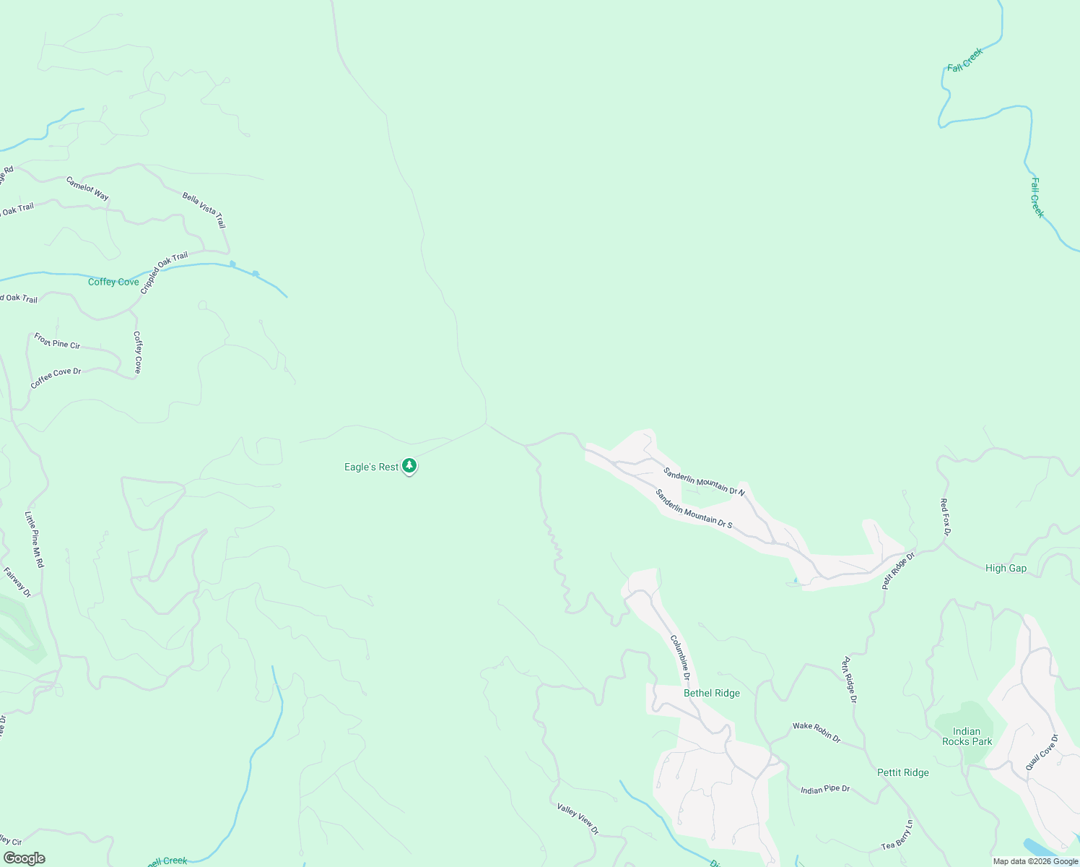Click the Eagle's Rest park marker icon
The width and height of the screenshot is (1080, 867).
point(409,466)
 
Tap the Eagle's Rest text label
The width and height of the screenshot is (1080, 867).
point(371,467)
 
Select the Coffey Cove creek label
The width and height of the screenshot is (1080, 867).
point(113,282)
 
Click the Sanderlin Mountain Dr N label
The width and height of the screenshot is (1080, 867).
point(704,481)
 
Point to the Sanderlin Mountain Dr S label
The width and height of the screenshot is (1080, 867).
point(694,509)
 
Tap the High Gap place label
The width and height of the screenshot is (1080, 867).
point(1006,569)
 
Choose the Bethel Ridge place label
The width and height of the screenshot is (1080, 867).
point(712,694)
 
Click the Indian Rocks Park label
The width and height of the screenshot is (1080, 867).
point(967,736)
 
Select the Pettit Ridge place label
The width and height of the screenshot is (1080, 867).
point(902,773)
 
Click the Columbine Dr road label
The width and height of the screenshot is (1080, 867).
point(680,657)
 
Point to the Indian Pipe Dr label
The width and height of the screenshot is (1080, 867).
point(825,790)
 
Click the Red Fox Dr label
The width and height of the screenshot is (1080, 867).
point(945,517)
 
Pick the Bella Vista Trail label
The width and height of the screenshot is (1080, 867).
point(204,210)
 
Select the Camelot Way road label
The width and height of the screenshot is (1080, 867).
point(87,189)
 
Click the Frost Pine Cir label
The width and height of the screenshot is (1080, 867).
point(57,340)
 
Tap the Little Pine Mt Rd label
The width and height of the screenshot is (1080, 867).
point(34,539)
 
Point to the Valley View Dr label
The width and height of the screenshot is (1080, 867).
point(578,819)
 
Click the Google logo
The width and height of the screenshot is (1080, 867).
point(24,858)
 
